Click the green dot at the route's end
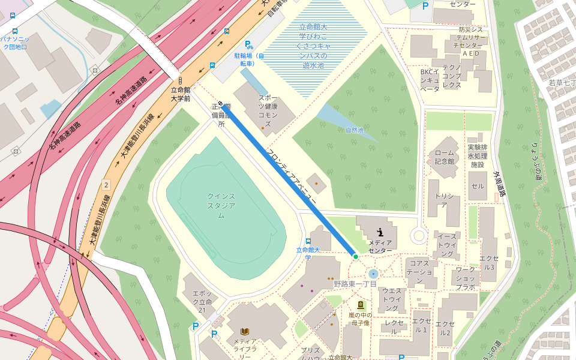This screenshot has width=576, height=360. point(356,257)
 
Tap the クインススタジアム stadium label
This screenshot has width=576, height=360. point(221,205)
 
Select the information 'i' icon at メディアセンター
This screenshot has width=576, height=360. point(380,232)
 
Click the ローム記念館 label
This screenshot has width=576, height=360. point(445,157)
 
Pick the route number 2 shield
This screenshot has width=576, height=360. point(106,184)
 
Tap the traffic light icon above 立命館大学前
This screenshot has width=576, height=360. point(180,80)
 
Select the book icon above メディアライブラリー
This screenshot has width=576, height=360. point(245,331)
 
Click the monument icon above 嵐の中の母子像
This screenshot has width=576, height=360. point(360,304)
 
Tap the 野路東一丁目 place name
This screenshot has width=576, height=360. point(355,284)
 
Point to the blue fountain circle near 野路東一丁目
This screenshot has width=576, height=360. point(374,274)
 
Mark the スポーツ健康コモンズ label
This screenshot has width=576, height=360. point(268,110)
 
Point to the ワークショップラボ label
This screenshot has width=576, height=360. point(465,278)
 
